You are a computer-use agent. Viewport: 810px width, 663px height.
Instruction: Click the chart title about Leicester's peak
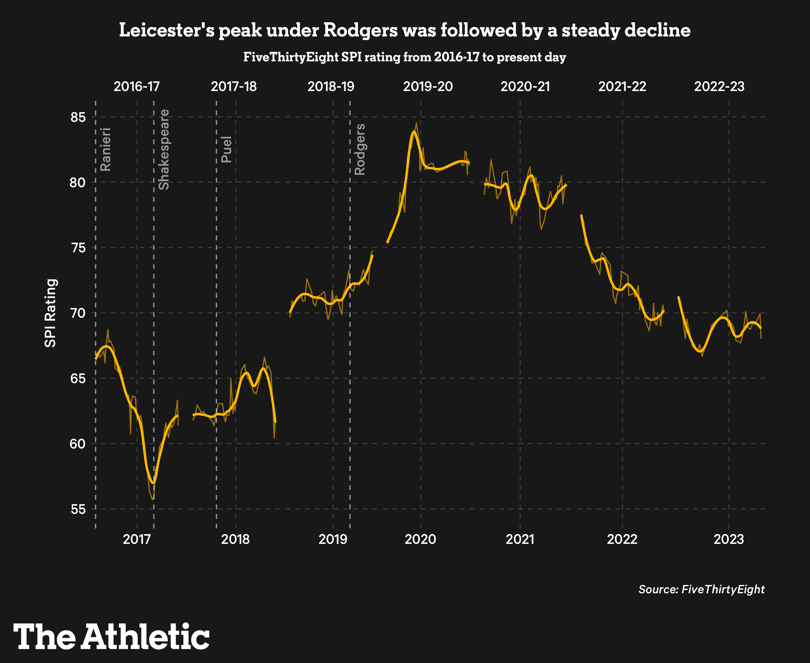(x=405, y=31)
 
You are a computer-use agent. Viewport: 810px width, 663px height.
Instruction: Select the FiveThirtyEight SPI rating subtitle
(x=405, y=57)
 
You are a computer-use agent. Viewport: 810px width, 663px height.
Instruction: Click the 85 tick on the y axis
(x=78, y=117)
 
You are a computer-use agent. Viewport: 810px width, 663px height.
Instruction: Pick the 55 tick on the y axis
(x=78, y=509)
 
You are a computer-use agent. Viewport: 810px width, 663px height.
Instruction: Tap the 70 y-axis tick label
(x=78, y=313)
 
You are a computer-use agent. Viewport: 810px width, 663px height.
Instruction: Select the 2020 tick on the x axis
(x=420, y=539)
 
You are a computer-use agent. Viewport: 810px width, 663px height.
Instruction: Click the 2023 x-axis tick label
(x=729, y=539)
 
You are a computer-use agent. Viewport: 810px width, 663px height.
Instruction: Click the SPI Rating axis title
(x=50, y=313)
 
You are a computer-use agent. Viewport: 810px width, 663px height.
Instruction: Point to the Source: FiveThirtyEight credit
(x=701, y=589)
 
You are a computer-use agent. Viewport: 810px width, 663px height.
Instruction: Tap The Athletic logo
(x=112, y=637)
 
